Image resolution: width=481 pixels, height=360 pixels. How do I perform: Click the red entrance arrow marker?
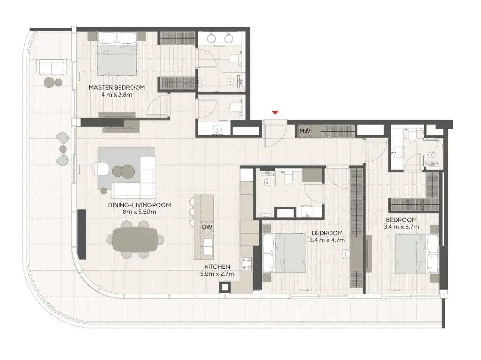click(275, 113)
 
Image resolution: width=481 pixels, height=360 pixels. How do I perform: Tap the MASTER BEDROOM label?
click(117, 88)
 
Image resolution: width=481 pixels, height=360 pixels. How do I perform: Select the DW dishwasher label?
click(207, 227)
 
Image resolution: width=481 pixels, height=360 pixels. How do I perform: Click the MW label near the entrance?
click(305, 131)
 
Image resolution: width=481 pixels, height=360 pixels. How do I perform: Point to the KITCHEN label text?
click(217, 267)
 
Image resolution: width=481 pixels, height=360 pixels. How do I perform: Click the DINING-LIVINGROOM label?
click(139, 205)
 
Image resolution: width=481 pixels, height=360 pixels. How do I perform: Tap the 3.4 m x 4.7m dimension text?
click(327, 240)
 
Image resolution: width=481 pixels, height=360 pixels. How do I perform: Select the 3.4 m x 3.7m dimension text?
click(401, 227)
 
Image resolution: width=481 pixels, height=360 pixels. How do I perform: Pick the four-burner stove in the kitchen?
click(246, 264)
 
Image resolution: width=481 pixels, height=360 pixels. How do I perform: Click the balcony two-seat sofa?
click(52, 66)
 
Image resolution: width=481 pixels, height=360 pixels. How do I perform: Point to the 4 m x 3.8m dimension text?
click(117, 95)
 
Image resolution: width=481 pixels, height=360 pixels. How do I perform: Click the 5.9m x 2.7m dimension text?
click(217, 274)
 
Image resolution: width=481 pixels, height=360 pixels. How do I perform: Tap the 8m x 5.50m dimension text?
click(139, 212)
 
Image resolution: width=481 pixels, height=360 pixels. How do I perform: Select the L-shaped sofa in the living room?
click(134, 177)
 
